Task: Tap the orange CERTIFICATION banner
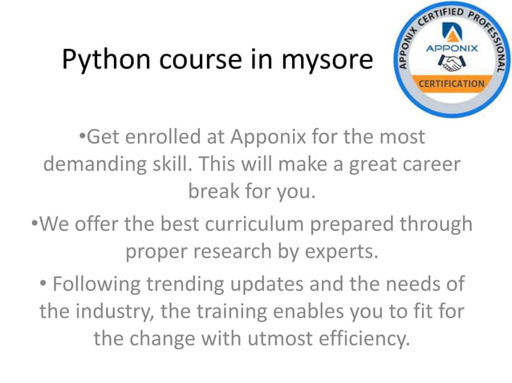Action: (x=451, y=83)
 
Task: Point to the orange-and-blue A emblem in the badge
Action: (x=450, y=33)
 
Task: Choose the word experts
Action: (x=336, y=251)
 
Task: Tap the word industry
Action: (x=126, y=311)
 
